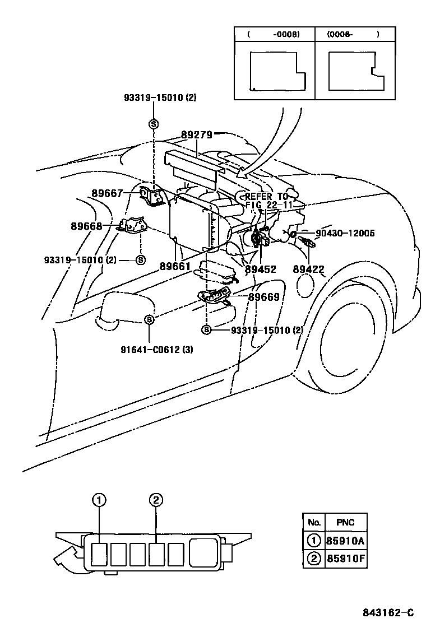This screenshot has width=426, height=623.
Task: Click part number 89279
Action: [x=196, y=135]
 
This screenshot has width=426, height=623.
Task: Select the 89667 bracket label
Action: [x=107, y=193]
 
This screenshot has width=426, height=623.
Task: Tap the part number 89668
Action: [x=86, y=226]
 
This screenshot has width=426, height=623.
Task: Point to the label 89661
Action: [x=175, y=266]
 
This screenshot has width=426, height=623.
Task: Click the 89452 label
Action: [x=261, y=269]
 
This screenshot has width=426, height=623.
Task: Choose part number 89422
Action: [x=308, y=269]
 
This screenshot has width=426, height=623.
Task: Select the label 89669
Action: [x=264, y=297]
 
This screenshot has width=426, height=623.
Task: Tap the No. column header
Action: [x=314, y=522]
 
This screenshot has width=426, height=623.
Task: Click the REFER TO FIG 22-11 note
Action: [x=266, y=201]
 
